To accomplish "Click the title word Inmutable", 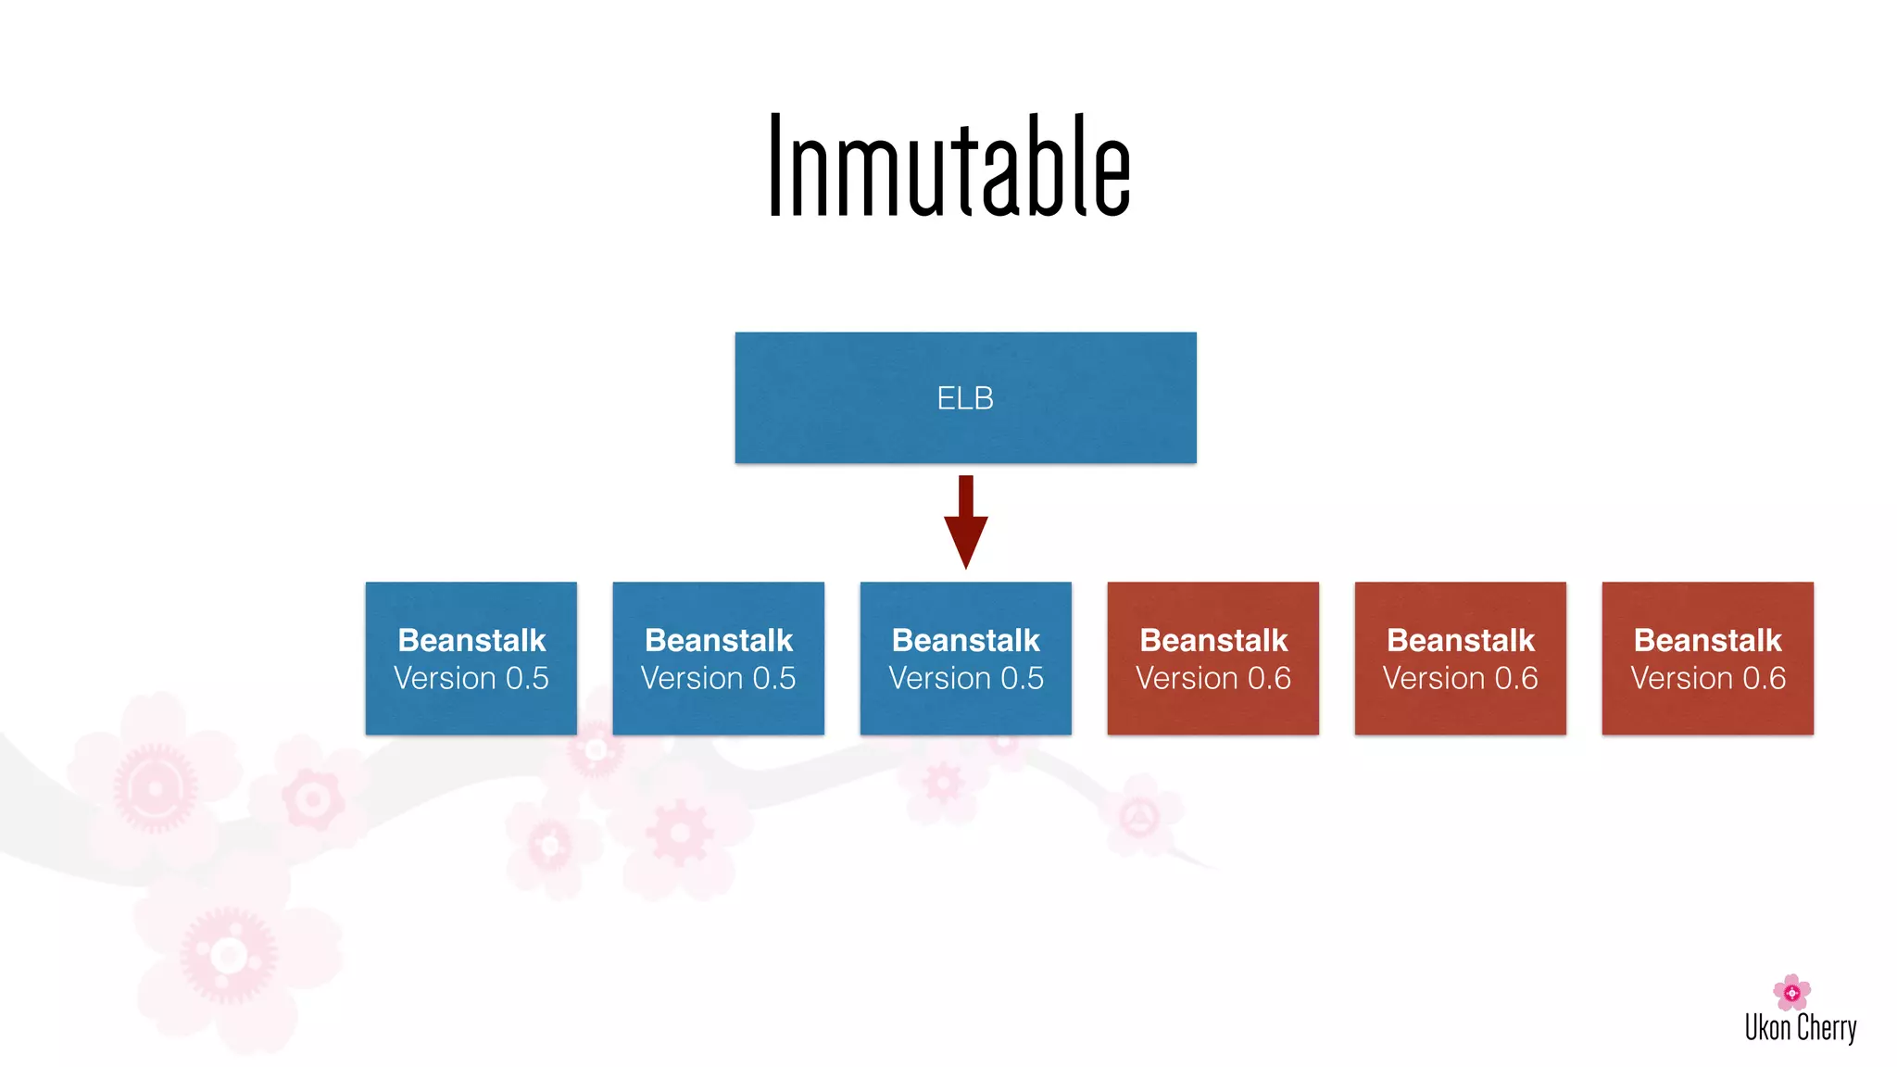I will pyautogui.click(x=949, y=167).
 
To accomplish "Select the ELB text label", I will pyautogui.click(x=965, y=398).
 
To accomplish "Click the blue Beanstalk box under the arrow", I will pyautogui.click(x=965, y=658).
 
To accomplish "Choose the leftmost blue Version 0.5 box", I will pyautogui.click(x=471, y=658).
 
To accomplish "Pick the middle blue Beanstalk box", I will pyautogui.click(x=718, y=658).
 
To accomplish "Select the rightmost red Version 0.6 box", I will pyautogui.click(x=1707, y=658).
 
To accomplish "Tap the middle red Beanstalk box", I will pyautogui.click(x=1460, y=658).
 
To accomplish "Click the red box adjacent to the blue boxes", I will pyautogui.click(x=1212, y=658).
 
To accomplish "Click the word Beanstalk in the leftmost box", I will pyautogui.click(x=471, y=640).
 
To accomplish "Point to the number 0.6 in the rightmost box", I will pyautogui.click(x=1764, y=679).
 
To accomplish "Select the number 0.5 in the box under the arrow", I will pyautogui.click(x=1022, y=679).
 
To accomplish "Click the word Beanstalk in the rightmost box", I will pyautogui.click(x=1707, y=640).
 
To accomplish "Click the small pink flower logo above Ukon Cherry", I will pyautogui.click(x=1791, y=992).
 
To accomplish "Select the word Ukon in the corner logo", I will pyautogui.click(x=1767, y=1028).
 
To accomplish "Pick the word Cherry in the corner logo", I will pyautogui.click(x=1827, y=1028).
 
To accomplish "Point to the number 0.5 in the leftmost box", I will pyautogui.click(x=527, y=679).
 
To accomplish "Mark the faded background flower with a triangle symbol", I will pyautogui.click(x=1139, y=817).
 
